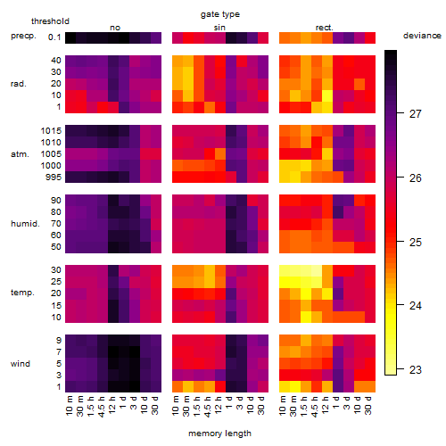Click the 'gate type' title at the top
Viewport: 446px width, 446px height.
pyautogui.click(x=220, y=14)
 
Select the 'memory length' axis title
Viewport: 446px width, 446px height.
pyautogui.click(x=219, y=434)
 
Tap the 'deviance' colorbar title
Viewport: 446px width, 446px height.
pyautogui.click(x=422, y=36)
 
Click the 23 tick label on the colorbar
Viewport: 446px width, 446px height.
pyautogui.click(x=416, y=369)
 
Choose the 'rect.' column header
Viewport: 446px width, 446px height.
pyautogui.click(x=325, y=28)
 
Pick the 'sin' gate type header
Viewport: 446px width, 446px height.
pyautogui.click(x=219, y=28)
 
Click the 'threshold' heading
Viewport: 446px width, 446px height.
pyautogui.click(x=50, y=21)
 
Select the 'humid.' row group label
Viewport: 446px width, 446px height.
pyautogui.click(x=25, y=224)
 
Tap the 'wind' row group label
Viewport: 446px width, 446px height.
pyautogui.click(x=21, y=364)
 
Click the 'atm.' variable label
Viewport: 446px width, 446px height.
pyautogui.click(x=20, y=154)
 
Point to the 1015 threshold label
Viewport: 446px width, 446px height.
pyautogui.click(x=51, y=130)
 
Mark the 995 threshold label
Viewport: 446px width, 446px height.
pyautogui.click(x=54, y=178)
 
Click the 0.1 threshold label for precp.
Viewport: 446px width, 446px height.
pyautogui.click(x=54, y=37)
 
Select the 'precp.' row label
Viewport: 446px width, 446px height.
pyautogui.click(x=23, y=36)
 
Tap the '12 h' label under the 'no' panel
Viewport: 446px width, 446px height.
pyautogui.click(x=112, y=405)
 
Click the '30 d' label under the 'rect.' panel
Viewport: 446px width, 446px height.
pyautogui.click(x=368, y=405)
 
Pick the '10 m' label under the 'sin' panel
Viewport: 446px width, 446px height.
pyautogui.click(x=176, y=405)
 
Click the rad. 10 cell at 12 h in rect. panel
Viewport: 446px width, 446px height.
pyautogui.click(x=326, y=95)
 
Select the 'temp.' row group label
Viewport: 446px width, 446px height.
pyautogui.click(x=22, y=293)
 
